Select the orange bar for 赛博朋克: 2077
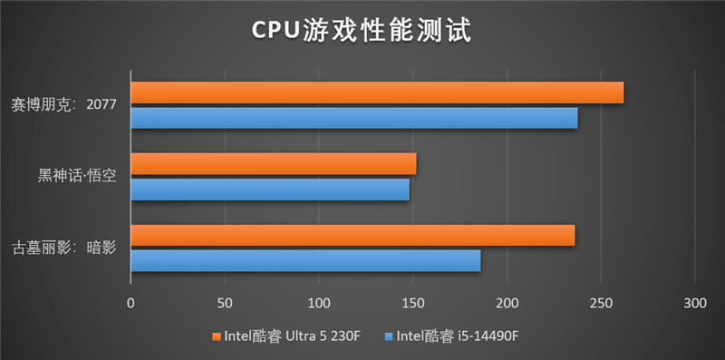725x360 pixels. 377,92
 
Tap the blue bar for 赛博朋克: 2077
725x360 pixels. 354,118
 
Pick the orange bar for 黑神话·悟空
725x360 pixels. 274,164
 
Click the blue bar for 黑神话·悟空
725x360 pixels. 270,190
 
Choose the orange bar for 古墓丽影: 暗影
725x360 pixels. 353,236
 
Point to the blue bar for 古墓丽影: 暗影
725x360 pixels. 305,261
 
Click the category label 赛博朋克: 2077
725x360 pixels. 64,104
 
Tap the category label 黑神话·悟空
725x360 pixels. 77,176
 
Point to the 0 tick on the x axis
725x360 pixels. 130,302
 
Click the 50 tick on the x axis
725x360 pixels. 225,302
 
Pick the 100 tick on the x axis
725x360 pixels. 318,302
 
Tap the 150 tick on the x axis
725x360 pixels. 412,302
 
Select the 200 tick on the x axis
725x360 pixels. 507,302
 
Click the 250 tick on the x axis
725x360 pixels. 600,302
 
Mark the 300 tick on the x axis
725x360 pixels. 694,302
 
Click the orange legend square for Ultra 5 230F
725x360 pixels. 216,337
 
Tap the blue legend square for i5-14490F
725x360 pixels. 389,337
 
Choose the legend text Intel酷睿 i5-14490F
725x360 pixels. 458,337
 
